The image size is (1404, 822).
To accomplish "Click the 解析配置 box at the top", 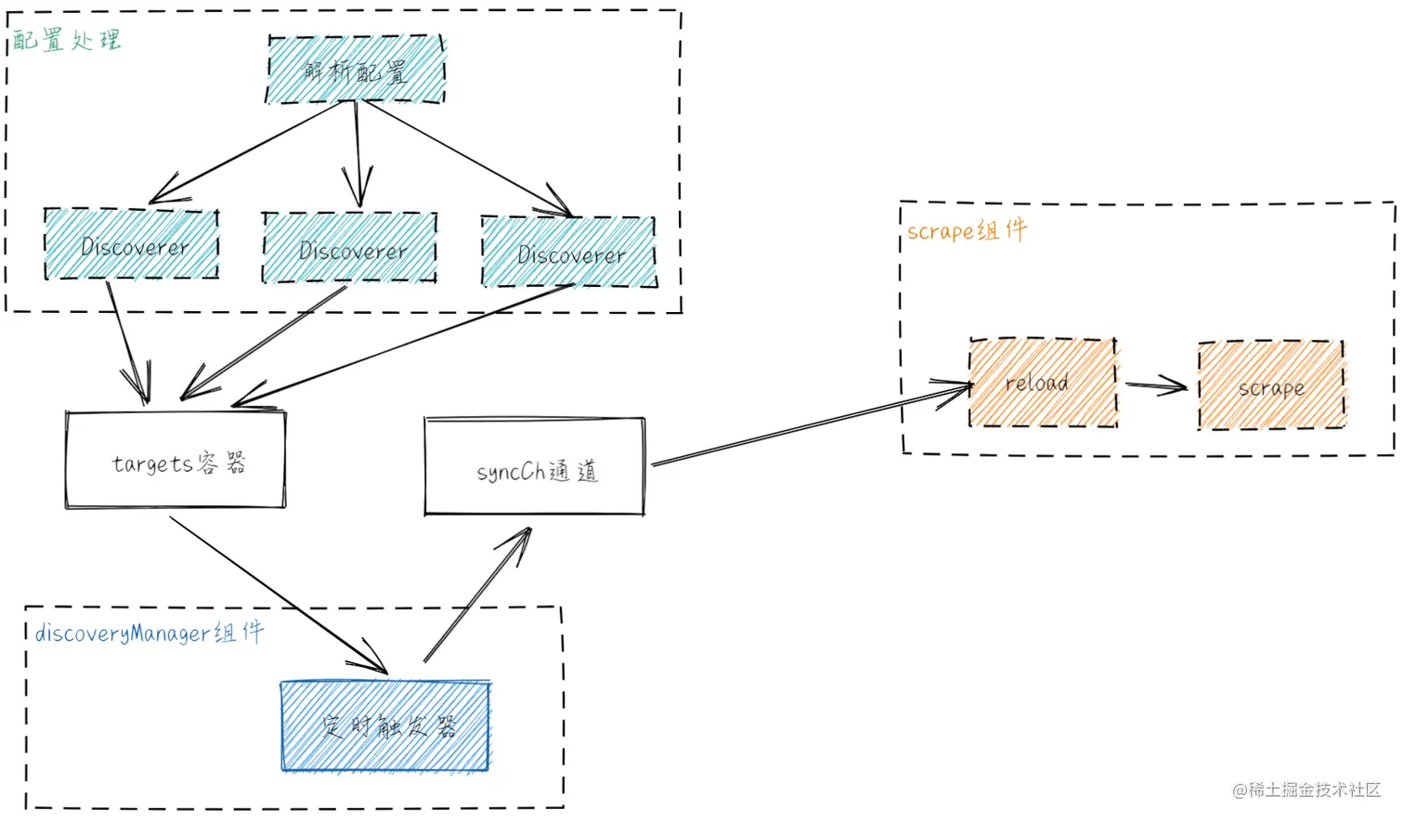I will coord(356,70).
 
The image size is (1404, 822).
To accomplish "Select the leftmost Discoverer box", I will coord(132,244).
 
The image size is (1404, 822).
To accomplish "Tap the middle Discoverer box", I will coord(350,248).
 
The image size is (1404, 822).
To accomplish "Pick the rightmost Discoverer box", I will coord(569,252).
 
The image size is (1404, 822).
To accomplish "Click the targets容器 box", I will coord(175,461).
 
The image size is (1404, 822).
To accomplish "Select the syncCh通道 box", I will coord(535,467).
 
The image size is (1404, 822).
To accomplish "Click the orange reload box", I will coord(1043,383).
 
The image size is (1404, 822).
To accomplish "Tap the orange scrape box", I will coord(1271,386).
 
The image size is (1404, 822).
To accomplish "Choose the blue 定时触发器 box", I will coord(385,726).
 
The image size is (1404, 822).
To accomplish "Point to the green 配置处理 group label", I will coord(67,40).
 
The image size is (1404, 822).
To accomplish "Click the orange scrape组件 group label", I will coord(967,230).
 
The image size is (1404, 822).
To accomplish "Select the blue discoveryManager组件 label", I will coord(149,633).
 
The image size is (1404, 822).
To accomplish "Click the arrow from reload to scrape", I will coord(1156,385).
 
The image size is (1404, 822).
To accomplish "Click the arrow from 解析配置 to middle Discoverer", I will coord(357,153).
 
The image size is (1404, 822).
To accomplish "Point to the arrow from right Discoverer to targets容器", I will coord(399,346).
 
